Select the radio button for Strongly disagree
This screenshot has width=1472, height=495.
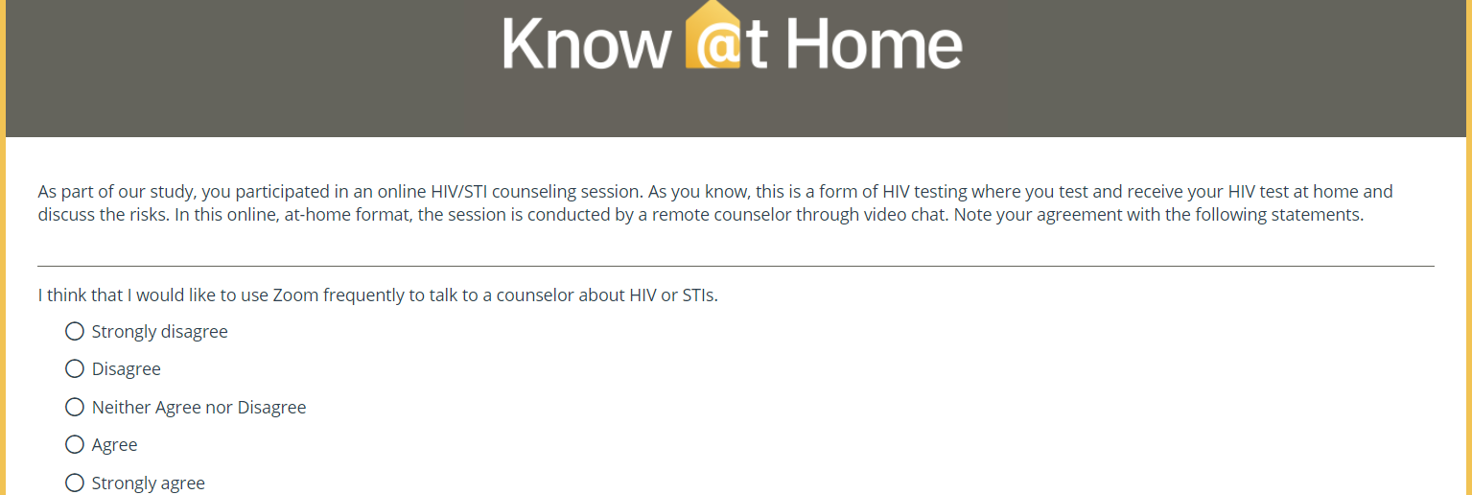[x=75, y=331]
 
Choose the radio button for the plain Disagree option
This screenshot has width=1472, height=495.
[x=75, y=368]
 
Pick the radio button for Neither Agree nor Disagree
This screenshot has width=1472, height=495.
[x=75, y=407]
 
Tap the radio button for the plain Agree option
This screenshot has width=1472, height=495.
[x=75, y=444]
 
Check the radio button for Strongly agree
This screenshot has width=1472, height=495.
[x=75, y=483]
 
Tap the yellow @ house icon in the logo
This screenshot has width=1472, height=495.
[x=713, y=35]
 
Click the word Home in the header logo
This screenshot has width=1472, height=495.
[x=875, y=43]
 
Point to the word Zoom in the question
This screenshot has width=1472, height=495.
[x=295, y=295]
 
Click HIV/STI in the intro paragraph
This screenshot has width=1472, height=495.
[x=458, y=192]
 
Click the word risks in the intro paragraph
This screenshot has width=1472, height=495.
[x=147, y=214]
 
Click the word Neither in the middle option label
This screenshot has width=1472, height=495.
[x=121, y=407]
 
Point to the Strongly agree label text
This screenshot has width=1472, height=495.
[x=149, y=483]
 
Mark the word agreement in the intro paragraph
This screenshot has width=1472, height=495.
[x=1081, y=216]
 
